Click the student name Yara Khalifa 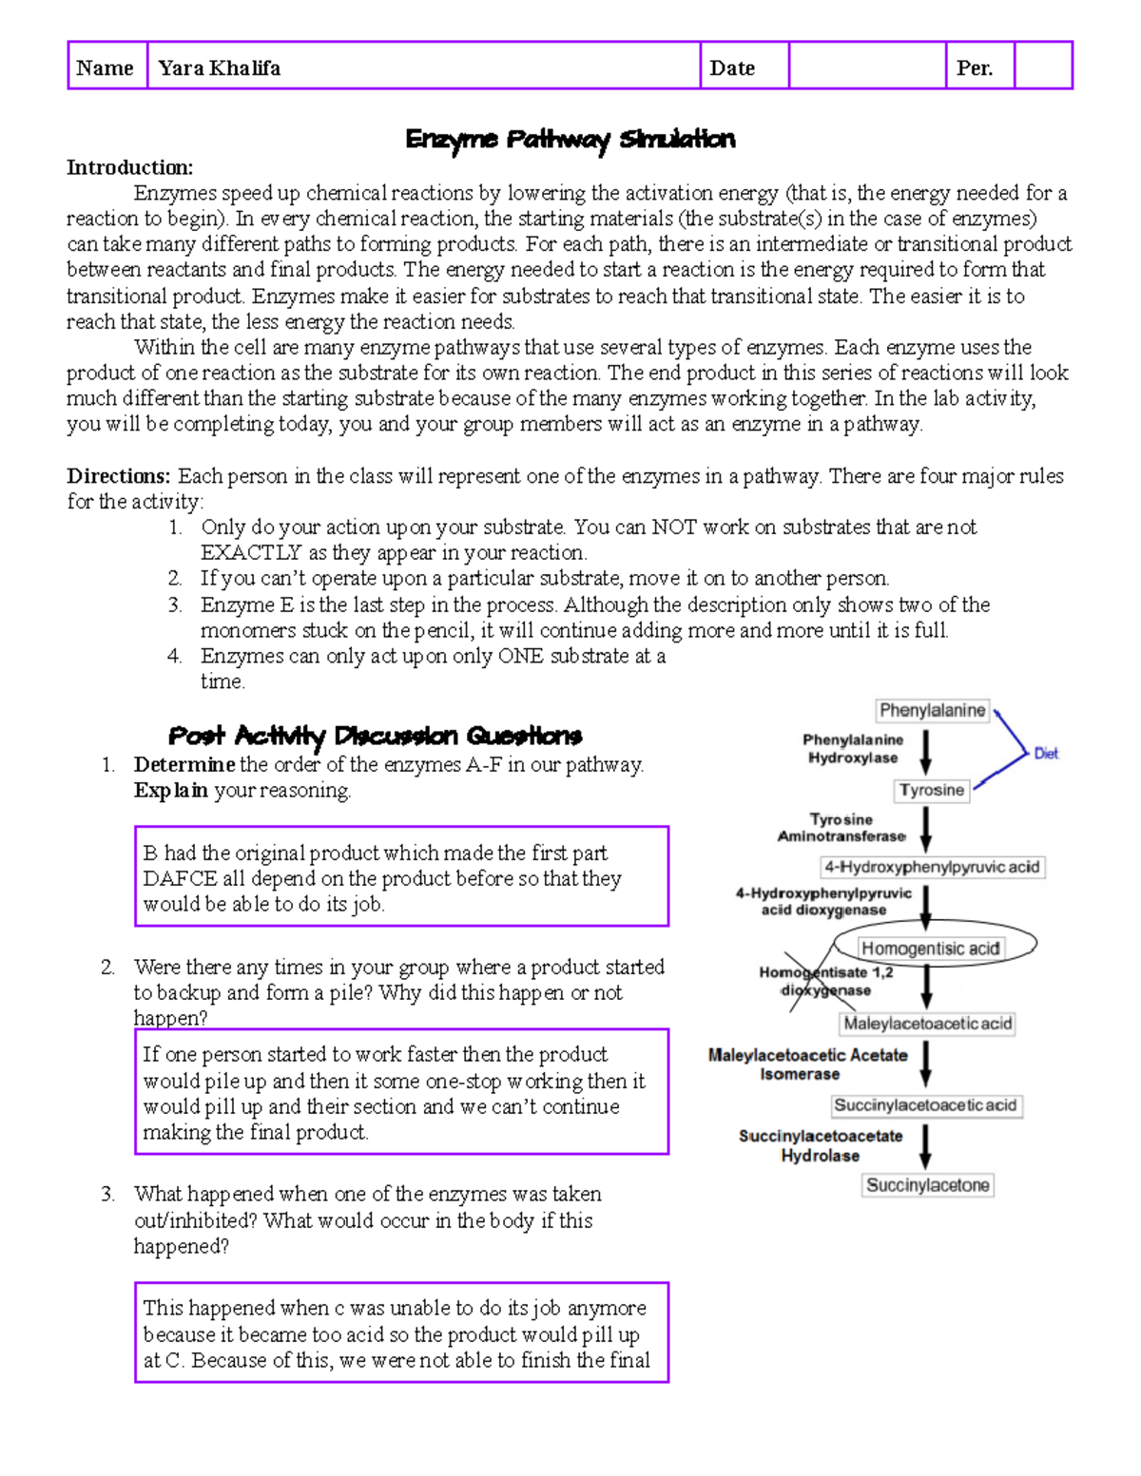pyautogui.click(x=220, y=67)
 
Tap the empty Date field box pyautogui.click(x=866, y=66)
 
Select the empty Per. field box pyautogui.click(x=1042, y=66)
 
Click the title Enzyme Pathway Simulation pyautogui.click(x=570, y=140)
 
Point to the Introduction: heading pyautogui.click(x=129, y=167)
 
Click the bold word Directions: pyautogui.click(x=119, y=476)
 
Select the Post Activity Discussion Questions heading pyautogui.click(x=375, y=736)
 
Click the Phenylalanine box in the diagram pyautogui.click(x=932, y=710)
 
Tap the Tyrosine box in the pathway pyautogui.click(x=932, y=790)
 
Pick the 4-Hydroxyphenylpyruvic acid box pyautogui.click(x=932, y=867)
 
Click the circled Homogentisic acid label pyautogui.click(x=930, y=948)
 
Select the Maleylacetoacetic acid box pyautogui.click(x=928, y=1024)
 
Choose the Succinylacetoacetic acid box pyautogui.click(x=925, y=1105)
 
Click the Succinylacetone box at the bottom pyautogui.click(x=928, y=1185)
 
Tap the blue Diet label pyautogui.click(x=1046, y=754)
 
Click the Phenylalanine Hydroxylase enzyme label pyautogui.click(x=853, y=749)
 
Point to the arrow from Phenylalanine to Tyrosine pyautogui.click(x=926, y=751)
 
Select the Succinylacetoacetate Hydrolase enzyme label pyautogui.click(x=821, y=1145)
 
